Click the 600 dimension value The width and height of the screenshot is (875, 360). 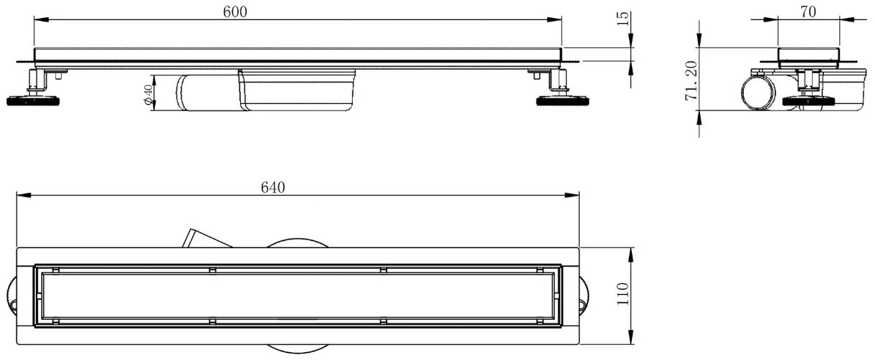(x=235, y=12)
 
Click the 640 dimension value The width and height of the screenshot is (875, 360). (x=273, y=188)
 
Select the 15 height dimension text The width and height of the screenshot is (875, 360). (x=624, y=19)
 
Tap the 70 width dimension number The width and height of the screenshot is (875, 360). (x=808, y=12)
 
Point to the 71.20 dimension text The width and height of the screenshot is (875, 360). (x=691, y=80)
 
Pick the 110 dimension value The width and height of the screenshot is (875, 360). (x=623, y=294)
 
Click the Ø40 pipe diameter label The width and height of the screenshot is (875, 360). (x=148, y=95)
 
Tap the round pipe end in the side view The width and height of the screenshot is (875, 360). (x=758, y=94)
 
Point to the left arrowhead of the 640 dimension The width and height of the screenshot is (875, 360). (x=24, y=195)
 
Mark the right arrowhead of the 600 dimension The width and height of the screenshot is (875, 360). (x=554, y=19)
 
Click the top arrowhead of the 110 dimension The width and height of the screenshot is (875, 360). (x=630, y=255)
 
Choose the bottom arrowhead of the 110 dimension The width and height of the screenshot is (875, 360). (x=630, y=337)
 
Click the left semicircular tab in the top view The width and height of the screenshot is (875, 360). (x=11, y=296)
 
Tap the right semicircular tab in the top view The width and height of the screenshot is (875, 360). (x=585, y=296)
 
